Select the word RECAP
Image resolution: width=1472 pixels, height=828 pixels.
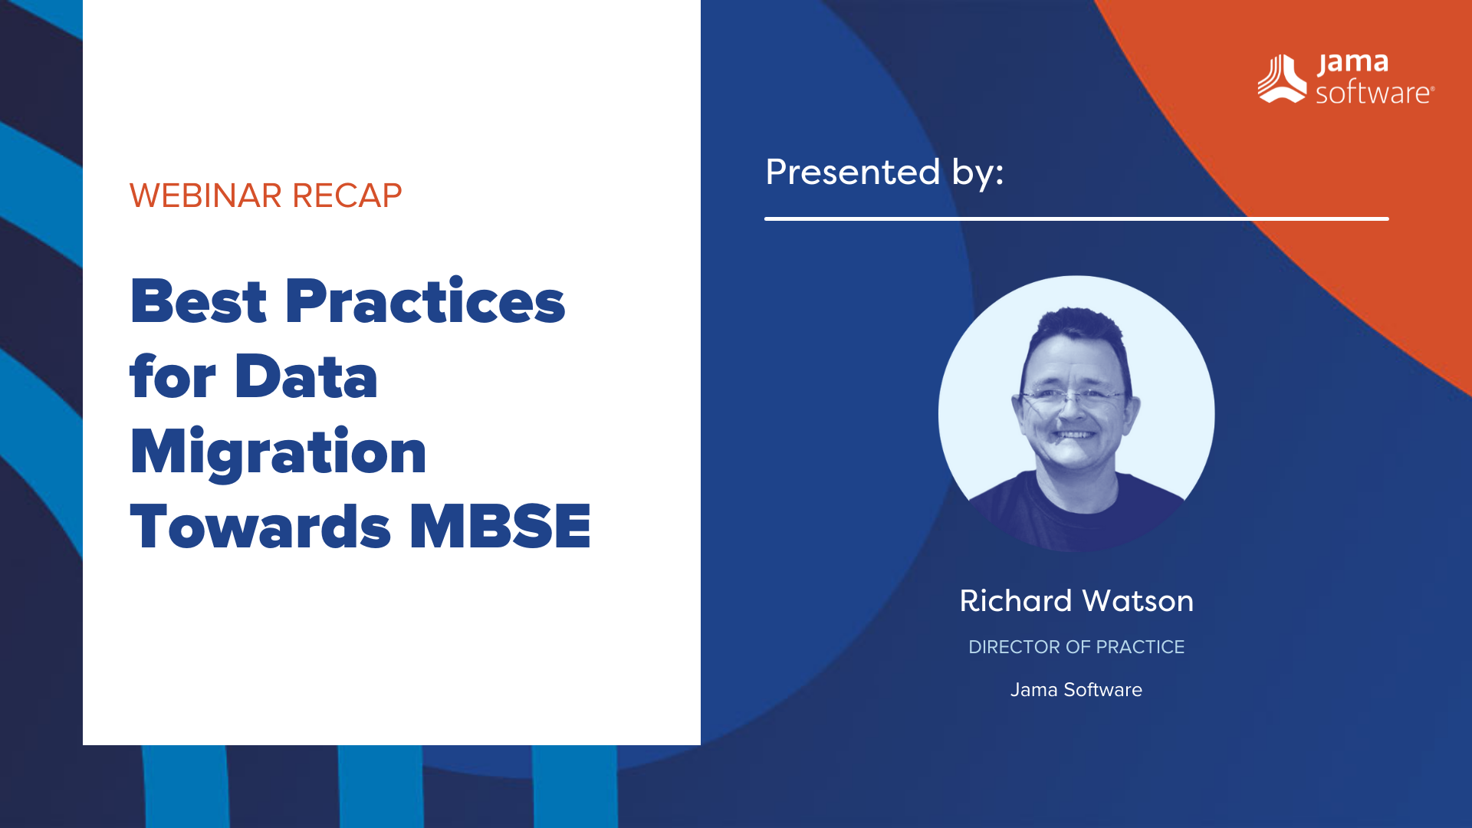[x=347, y=196]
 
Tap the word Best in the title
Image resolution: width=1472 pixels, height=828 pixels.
[x=199, y=302]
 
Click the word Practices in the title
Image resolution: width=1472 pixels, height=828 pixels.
[x=425, y=302]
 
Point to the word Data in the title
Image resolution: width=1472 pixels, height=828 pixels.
[x=306, y=377]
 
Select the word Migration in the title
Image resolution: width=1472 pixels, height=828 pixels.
[x=278, y=452]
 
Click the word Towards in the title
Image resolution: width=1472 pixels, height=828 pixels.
[x=261, y=527]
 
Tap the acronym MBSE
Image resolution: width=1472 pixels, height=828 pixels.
[x=500, y=527]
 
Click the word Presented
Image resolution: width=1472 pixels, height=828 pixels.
[x=853, y=172]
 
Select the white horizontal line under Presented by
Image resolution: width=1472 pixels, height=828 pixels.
[x=1076, y=219]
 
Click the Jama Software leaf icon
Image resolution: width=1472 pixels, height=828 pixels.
[x=1281, y=79]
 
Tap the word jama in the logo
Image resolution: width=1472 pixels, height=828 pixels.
[x=1353, y=63]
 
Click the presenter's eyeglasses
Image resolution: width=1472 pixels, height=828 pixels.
[x=1073, y=396]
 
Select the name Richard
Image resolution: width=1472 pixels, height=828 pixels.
[x=1015, y=601]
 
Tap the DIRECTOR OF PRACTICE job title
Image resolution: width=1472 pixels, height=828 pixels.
[x=1076, y=647]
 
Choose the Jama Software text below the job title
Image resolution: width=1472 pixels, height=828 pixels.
[x=1076, y=690]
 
